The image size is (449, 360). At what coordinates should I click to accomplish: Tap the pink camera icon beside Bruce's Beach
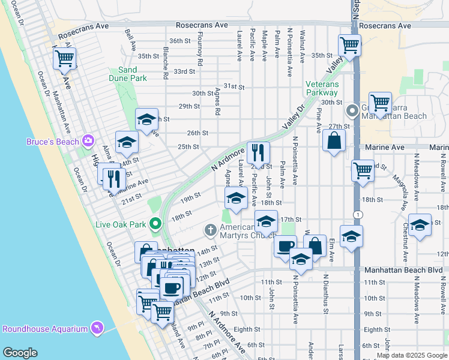pyautogui.click(x=88, y=140)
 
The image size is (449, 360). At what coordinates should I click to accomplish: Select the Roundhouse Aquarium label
pyautogui.click(x=45, y=328)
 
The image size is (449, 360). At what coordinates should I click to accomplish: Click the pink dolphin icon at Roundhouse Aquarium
pyautogui.click(x=96, y=328)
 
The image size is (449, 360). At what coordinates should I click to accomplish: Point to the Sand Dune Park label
pyautogui.click(x=128, y=74)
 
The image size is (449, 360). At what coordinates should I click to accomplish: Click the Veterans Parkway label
pyautogui.click(x=322, y=88)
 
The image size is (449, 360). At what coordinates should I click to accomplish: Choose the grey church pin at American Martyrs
pyautogui.click(x=210, y=229)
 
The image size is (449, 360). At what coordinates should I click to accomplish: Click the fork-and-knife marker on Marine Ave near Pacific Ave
pyautogui.click(x=258, y=152)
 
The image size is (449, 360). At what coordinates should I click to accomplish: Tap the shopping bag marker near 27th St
pyautogui.click(x=334, y=141)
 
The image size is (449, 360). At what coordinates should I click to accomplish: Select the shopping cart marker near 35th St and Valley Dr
pyautogui.click(x=349, y=45)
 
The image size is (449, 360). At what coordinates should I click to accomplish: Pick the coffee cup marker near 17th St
pyautogui.click(x=286, y=246)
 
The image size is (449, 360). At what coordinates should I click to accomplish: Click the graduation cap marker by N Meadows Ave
pyautogui.click(x=420, y=225)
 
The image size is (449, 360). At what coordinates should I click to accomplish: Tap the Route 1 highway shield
pyautogui.click(x=358, y=215)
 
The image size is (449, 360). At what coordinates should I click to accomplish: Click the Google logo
pyautogui.click(x=20, y=353)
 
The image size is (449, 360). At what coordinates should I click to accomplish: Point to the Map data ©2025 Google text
pyautogui.click(x=412, y=355)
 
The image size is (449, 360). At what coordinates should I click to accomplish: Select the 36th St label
pyautogui.click(x=179, y=41)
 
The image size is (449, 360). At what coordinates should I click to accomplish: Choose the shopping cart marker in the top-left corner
pyautogui.click(x=64, y=59)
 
